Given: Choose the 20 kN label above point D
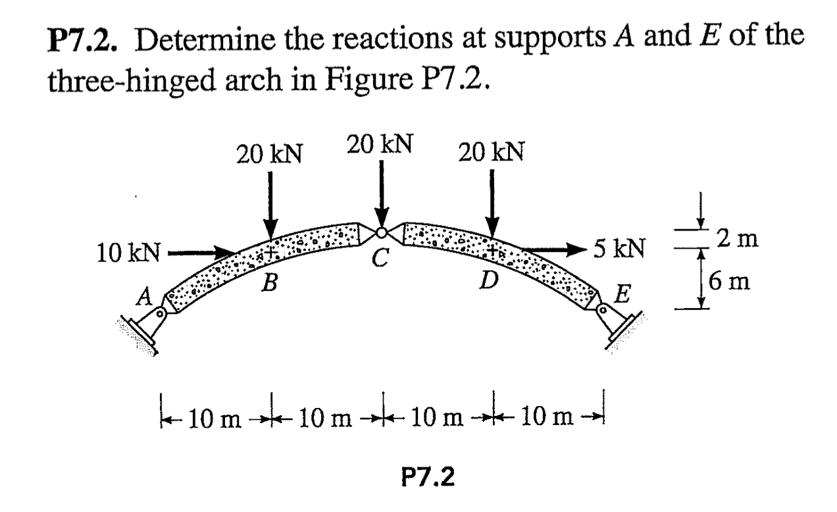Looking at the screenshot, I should pos(492,153).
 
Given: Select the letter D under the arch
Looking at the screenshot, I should pos(488,281).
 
